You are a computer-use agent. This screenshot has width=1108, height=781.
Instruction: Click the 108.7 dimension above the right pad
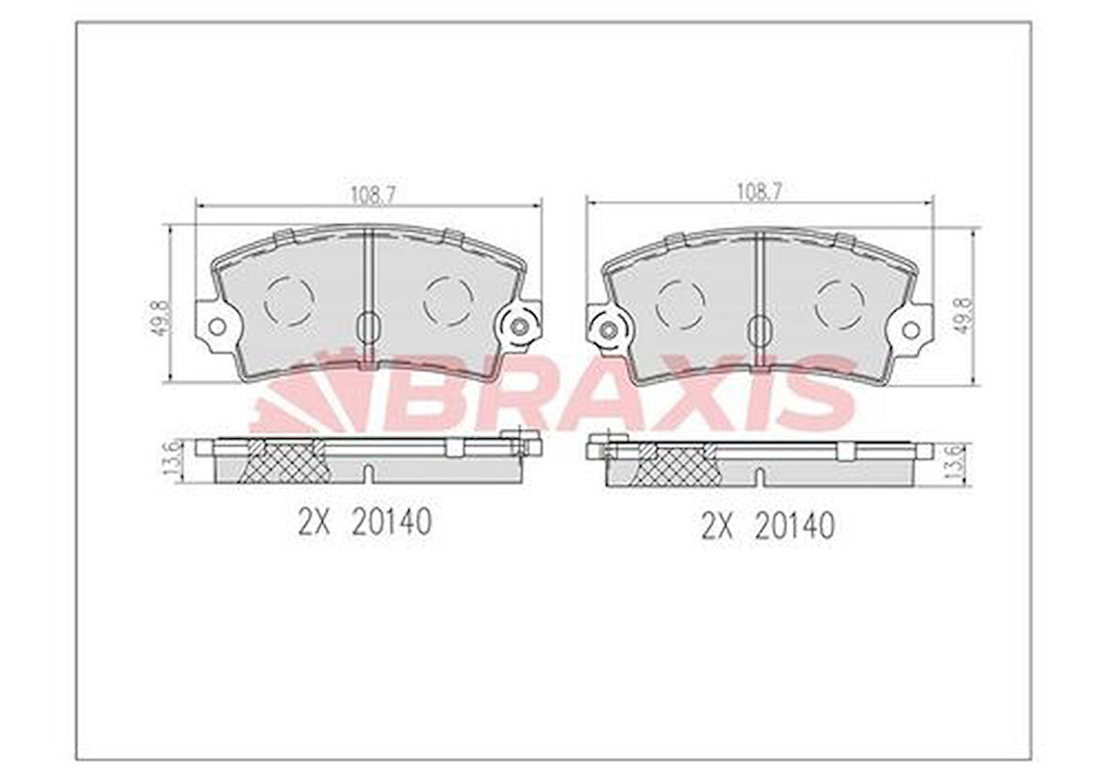(x=759, y=191)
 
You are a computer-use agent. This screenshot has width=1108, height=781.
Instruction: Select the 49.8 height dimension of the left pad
(x=159, y=317)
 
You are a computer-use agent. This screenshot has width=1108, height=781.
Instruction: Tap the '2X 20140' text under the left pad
(x=364, y=523)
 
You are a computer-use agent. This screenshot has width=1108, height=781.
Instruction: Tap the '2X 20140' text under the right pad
(x=767, y=527)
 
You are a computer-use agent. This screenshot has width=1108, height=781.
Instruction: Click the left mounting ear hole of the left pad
(x=218, y=327)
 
